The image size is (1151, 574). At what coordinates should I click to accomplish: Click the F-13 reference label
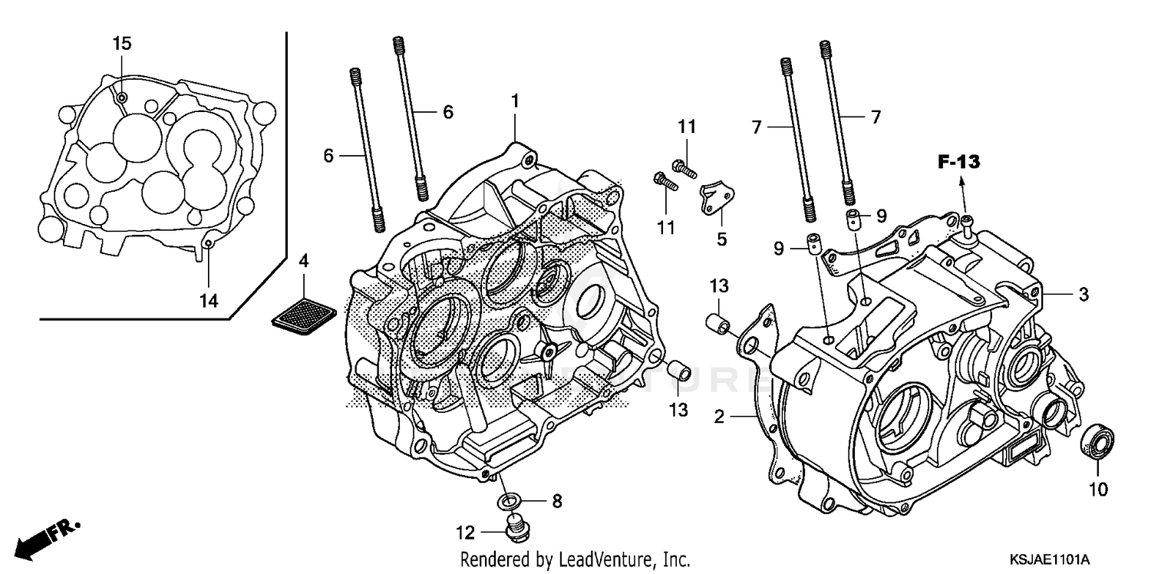pyautogui.click(x=958, y=162)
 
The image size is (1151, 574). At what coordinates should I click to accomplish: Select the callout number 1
pyautogui.click(x=516, y=101)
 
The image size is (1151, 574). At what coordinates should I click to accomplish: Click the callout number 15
pyautogui.click(x=122, y=44)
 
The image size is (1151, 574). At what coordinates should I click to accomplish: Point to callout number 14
pyautogui.click(x=209, y=302)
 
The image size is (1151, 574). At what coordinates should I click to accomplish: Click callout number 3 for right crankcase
pyautogui.click(x=1083, y=294)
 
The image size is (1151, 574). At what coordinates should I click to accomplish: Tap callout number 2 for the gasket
pyautogui.click(x=719, y=417)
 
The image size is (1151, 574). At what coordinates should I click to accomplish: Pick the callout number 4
pyautogui.click(x=304, y=262)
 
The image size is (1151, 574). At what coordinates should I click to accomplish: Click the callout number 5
pyautogui.click(x=721, y=239)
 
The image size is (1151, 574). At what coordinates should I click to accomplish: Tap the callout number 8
pyautogui.click(x=556, y=502)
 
